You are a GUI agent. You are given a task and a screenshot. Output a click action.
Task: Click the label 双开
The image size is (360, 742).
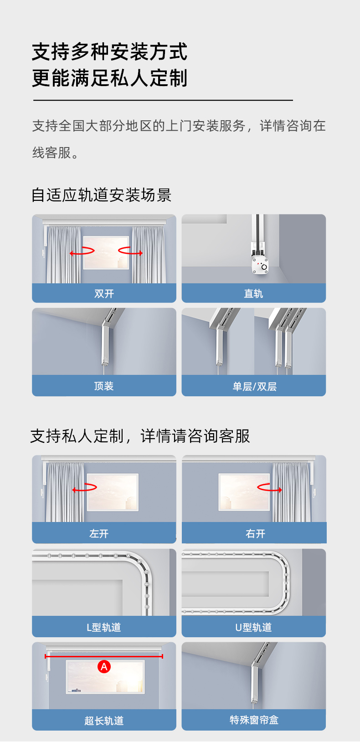(x=104, y=293)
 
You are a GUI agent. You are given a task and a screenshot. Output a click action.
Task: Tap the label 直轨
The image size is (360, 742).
(x=253, y=293)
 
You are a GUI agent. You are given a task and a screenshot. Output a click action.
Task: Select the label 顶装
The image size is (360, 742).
(x=104, y=386)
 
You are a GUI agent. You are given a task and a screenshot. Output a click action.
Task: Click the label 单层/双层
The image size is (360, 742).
(x=254, y=386)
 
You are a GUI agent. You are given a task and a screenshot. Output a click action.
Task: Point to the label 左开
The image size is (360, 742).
(x=99, y=533)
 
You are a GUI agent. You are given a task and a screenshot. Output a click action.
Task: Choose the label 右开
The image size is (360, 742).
(x=255, y=533)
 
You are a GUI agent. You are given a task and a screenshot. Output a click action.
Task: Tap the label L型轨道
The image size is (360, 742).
(x=104, y=627)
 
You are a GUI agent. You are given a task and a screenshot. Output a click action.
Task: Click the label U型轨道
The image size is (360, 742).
(x=253, y=627)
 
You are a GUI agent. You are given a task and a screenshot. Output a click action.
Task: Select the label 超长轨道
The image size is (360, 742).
(x=104, y=721)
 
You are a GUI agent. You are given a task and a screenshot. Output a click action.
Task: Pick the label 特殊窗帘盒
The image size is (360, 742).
(x=254, y=720)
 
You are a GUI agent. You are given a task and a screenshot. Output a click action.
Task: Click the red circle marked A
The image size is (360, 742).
(x=104, y=666)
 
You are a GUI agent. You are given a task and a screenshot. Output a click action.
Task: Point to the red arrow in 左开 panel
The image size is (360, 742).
(x=84, y=487)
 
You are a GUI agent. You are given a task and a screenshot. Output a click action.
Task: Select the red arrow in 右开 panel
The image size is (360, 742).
(x=269, y=487)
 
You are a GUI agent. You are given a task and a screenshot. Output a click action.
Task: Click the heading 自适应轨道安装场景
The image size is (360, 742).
(x=101, y=195)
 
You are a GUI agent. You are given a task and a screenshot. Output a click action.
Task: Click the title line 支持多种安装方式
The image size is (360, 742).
(x=110, y=51)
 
